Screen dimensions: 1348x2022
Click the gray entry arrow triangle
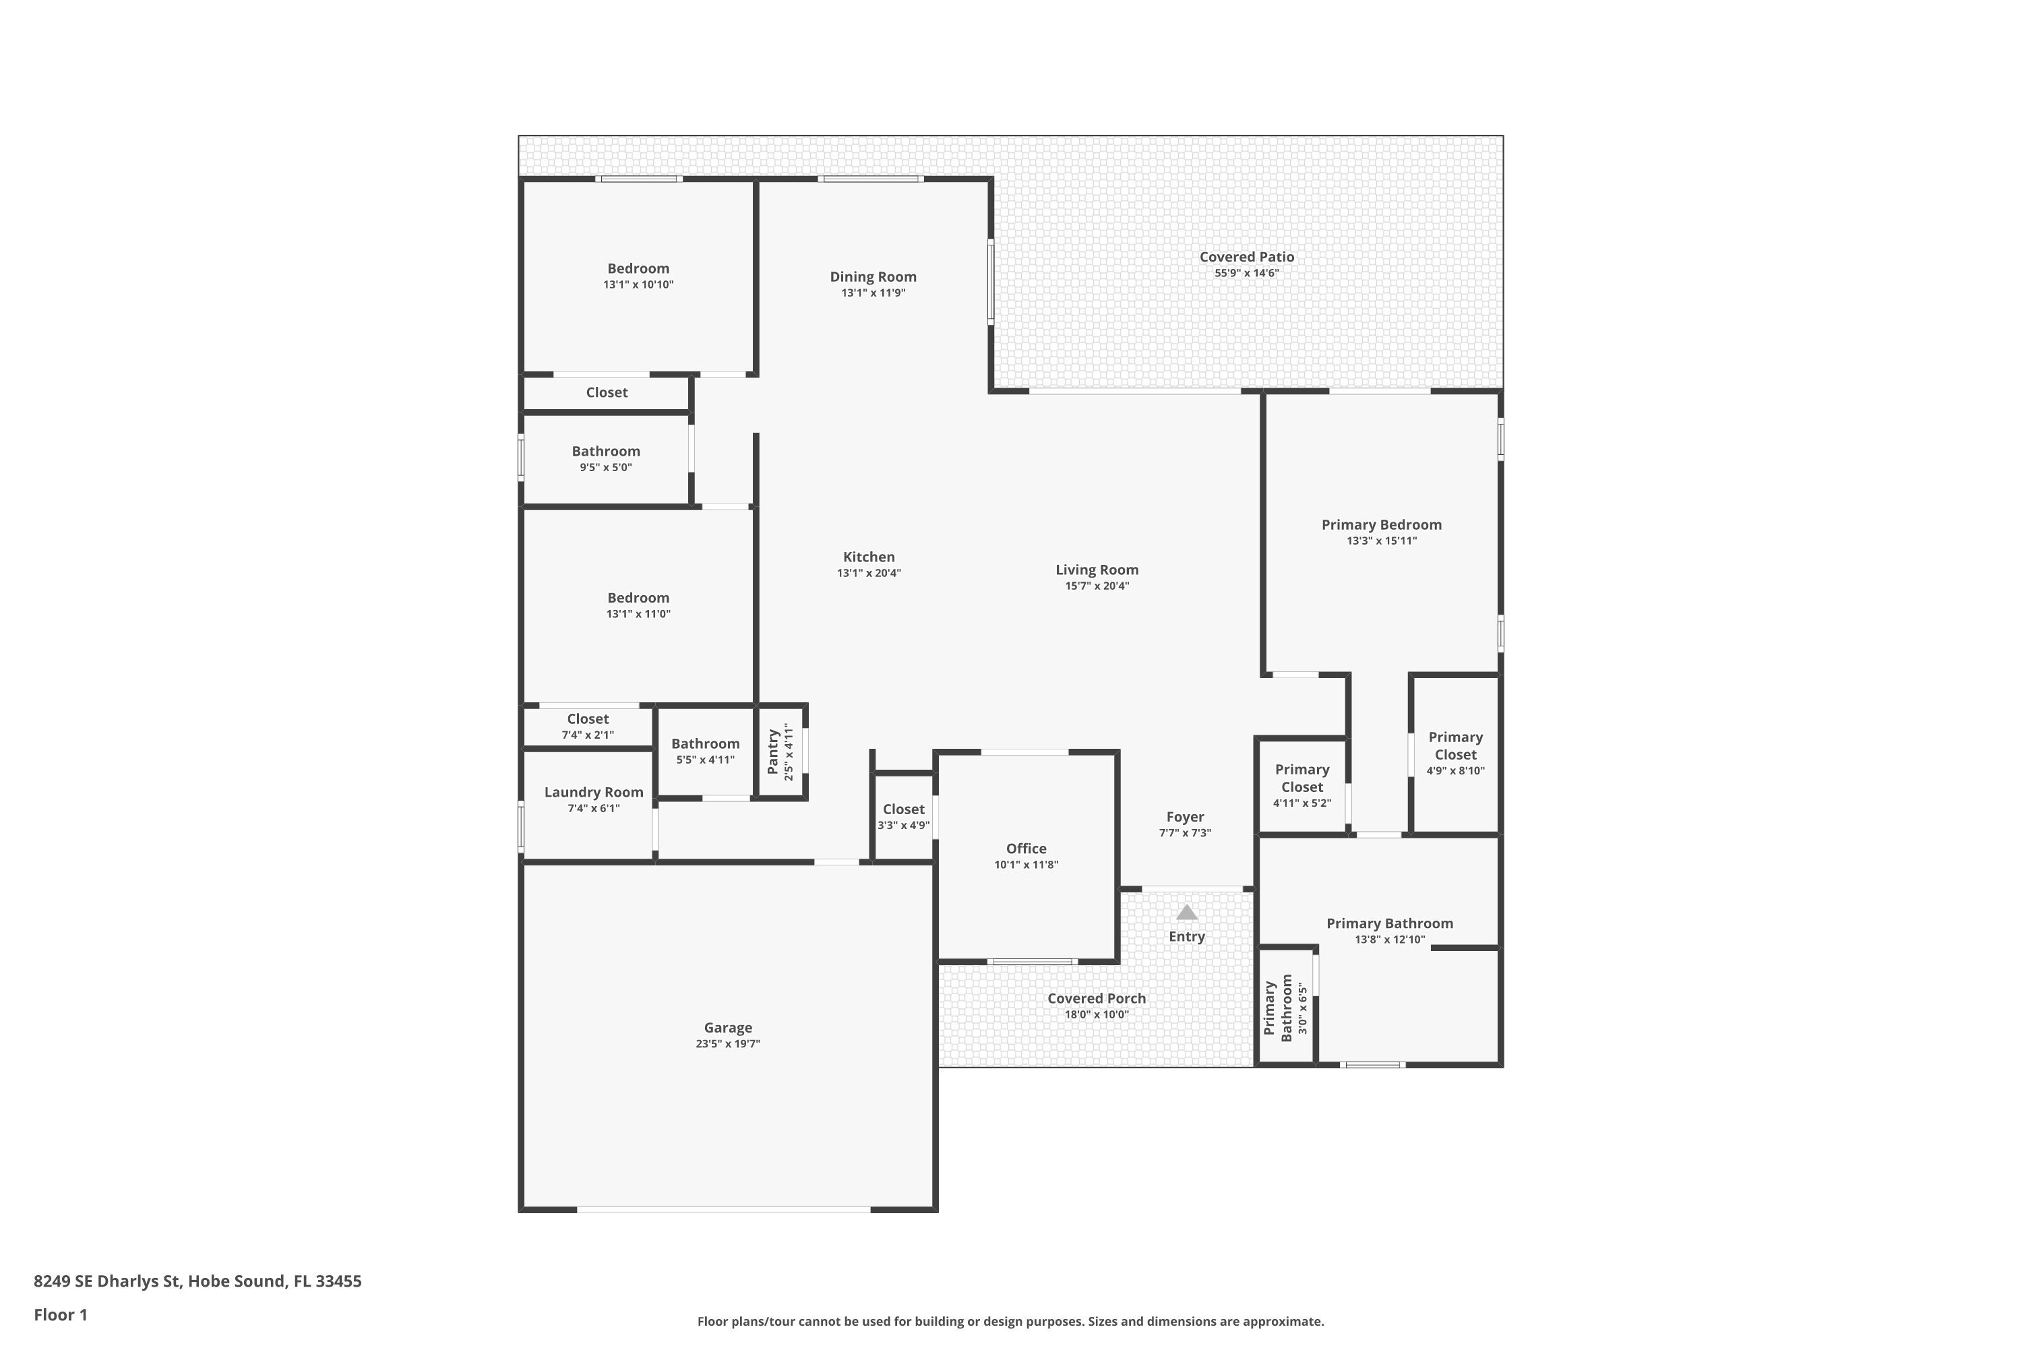click(x=1186, y=913)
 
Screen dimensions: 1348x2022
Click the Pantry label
click(x=773, y=752)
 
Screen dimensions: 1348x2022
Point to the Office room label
click(x=1026, y=849)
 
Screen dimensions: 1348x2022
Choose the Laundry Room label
click(x=593, y=792)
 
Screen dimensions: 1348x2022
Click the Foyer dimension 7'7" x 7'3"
click(x=1185, y=833)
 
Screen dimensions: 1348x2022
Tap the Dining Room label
click(x=873, y=277)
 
